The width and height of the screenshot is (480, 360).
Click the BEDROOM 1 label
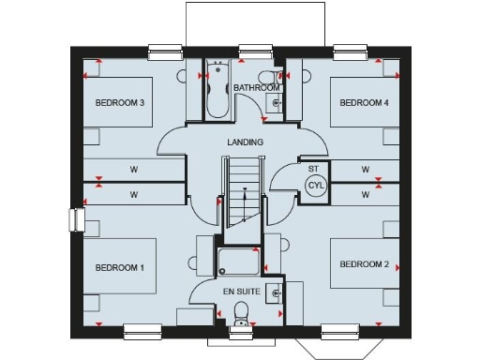click(119, 267)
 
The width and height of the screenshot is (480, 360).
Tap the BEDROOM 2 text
click(364, 264)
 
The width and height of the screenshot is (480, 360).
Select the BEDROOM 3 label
click(119, 102)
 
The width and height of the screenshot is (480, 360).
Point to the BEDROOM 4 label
click(364, 102)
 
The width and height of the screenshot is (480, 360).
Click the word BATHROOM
click(256, 88)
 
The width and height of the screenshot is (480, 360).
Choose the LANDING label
click(245, 142)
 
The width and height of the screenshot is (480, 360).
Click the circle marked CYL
click(315, 185)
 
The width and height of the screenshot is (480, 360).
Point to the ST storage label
click(312, 169)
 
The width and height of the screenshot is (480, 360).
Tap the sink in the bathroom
click(274, 104)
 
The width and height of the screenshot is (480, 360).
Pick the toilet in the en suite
click(241, 313)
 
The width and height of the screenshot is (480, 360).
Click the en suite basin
click(274, 292)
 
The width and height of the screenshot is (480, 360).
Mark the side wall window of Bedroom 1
click(73, 218)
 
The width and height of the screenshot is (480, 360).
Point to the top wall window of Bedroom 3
click(165, 50)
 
